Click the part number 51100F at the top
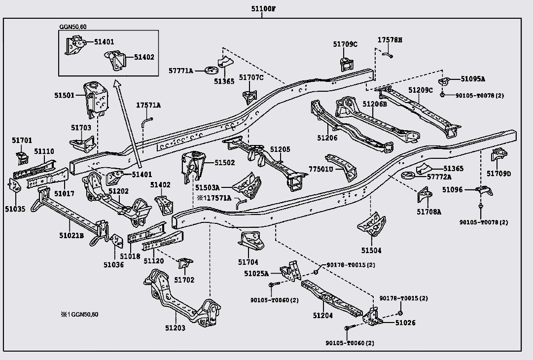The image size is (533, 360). pos(263,9)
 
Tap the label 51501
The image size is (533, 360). pos(64,96)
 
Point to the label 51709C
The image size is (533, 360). pos(345,44)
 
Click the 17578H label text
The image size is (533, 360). pos(390,40)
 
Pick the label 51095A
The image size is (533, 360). pos(473,79)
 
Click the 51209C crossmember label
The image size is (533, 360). pos(421,90)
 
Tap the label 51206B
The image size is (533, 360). pos(375,104)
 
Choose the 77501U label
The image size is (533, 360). pos(321,169)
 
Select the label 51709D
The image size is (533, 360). pos(498,174)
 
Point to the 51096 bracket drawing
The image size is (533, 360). pos(484,190)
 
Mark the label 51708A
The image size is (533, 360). pos(429,212)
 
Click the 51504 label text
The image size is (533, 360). pos(371,251)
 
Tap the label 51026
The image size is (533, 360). pos(405,323)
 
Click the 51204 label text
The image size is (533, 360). pos(323,316)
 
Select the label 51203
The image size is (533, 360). pos(176,328)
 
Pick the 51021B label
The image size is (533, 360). pos(71,236)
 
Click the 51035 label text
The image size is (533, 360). pos(15,209)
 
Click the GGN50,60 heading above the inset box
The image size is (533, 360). pos(73,27)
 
